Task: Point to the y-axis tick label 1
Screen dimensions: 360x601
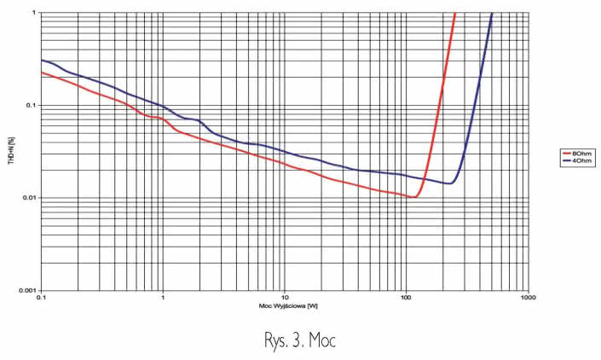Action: tap(34, 13)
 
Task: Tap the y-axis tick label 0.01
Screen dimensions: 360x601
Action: tap(29, 198)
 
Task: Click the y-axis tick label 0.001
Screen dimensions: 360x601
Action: tap(27, 290)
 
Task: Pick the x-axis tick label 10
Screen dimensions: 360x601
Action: tap(285, 299)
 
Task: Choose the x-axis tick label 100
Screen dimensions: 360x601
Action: tap(407, 299)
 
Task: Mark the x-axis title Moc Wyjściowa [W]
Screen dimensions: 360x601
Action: tap(284, 306)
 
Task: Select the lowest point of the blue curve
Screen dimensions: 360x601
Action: tap(449, 183)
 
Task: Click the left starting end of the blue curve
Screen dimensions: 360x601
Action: tap(41, 60)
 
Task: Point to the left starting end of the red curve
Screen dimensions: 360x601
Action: tap(41, 72)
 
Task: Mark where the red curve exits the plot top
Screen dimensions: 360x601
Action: tap(455, 14)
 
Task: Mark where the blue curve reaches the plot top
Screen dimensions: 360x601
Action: tap(492, 14)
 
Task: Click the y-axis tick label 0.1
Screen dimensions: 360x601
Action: tap(32, 105)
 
